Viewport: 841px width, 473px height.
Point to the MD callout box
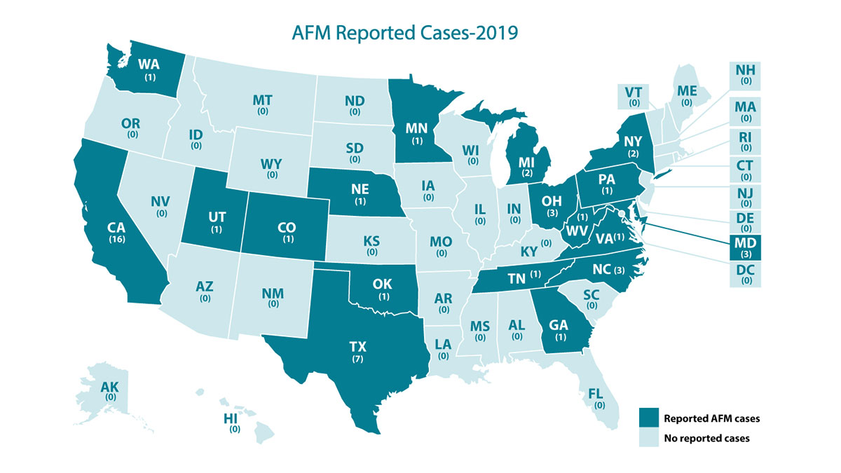(x=744, y=247)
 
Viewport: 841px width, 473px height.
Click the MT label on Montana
(x=262, y=101)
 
